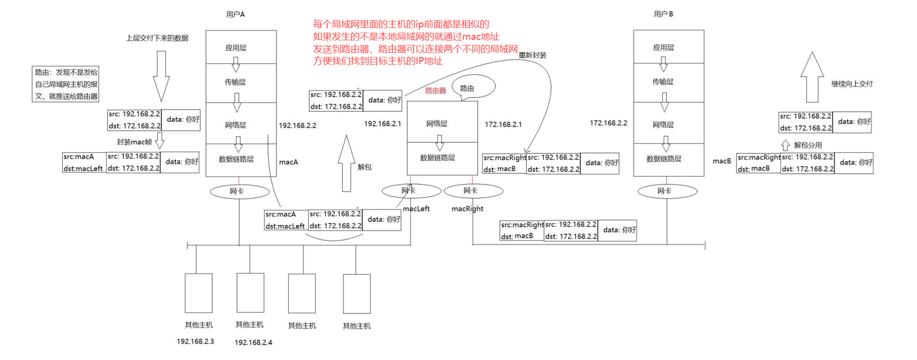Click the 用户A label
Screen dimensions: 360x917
coord(235,14)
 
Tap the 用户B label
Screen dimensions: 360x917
coord(663,14)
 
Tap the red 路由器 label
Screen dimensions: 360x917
coord(436,90)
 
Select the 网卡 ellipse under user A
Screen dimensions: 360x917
coord(239,192)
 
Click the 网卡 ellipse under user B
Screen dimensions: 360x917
coord(667,191)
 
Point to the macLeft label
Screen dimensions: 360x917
coord(416,209)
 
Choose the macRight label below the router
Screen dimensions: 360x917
coord(467,209)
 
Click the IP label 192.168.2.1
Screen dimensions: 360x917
coord(382,124)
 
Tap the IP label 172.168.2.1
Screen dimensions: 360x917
coord(503,125)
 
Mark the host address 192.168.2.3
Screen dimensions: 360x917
coord(196,341)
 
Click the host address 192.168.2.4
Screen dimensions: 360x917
coord(253,342)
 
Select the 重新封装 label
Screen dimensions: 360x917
coord(532,55)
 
